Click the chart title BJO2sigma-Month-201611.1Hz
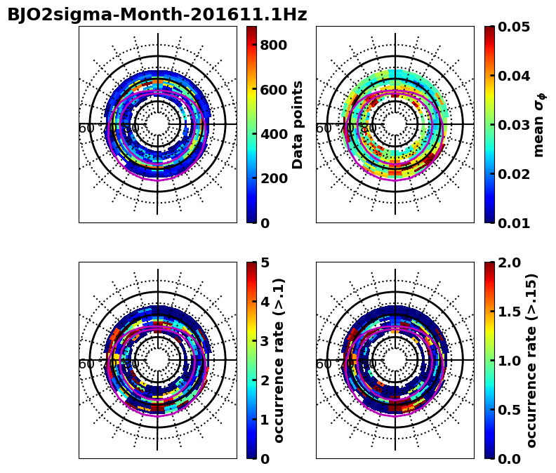click(157, 15)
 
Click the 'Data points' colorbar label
click(298, 124)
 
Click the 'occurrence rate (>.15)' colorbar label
click(531, 360)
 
